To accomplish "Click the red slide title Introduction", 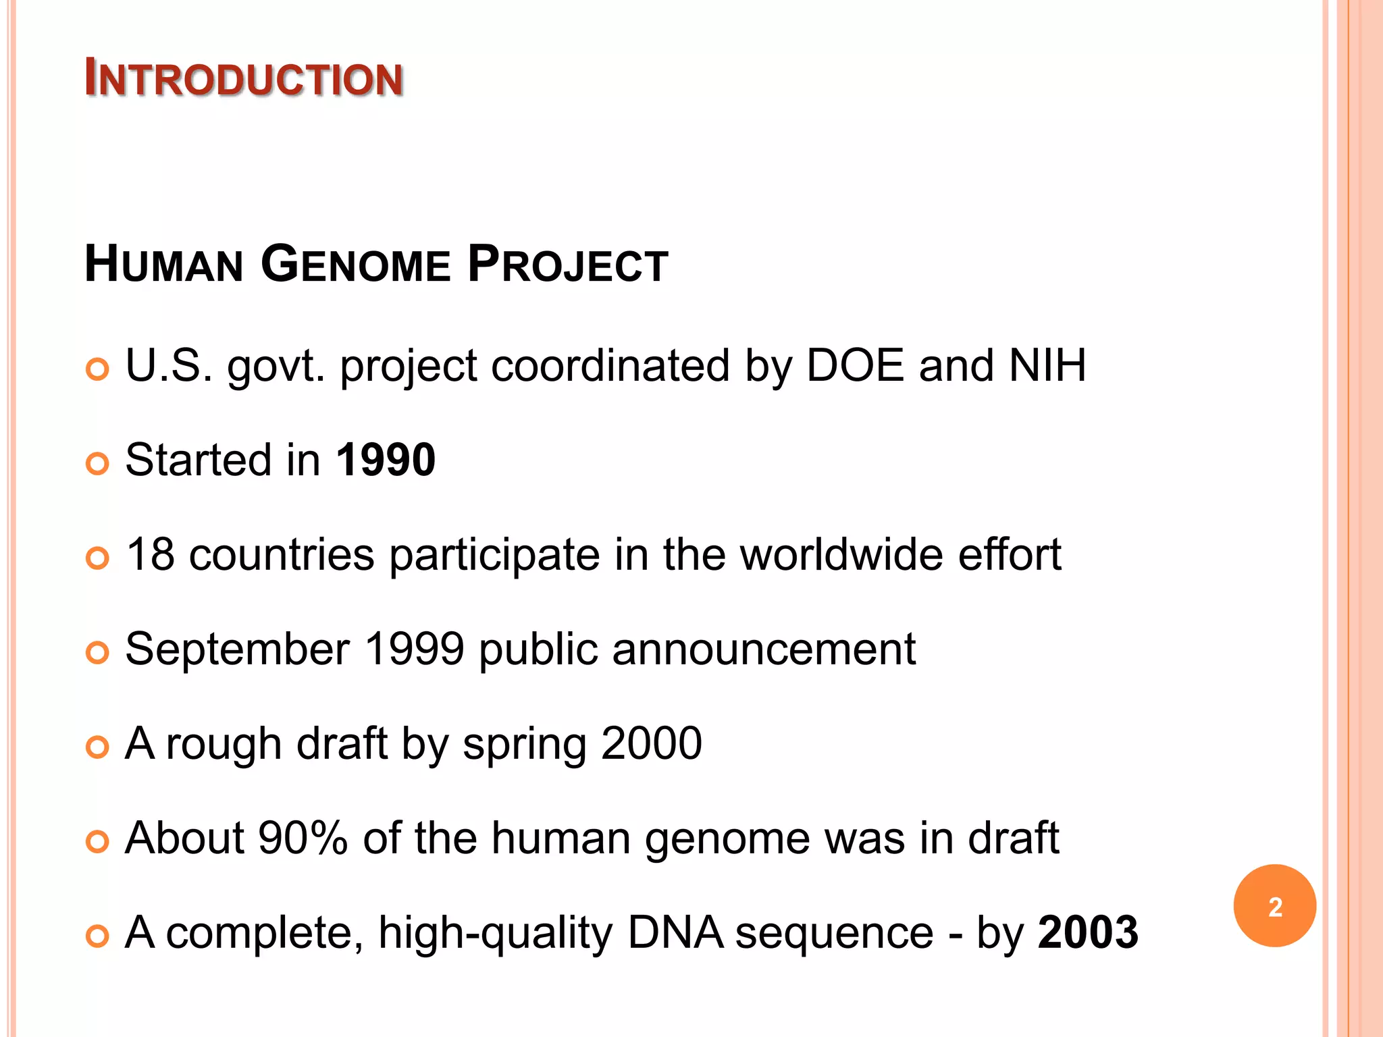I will tap(244, 78).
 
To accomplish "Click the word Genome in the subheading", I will tap(355, 264).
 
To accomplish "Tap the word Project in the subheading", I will tap(567, 264).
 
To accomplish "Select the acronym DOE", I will tap(855, 366).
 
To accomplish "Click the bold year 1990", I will tap(386, 460).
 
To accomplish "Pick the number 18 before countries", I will tap(150, 555).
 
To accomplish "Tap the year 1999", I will tap(414, 649).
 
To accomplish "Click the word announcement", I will tap(764, 649).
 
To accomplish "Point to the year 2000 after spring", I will tap(651, 744).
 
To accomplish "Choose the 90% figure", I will tap(303, 839).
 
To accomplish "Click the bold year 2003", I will tap(1088, 933).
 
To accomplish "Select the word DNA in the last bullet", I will tap(675, 933).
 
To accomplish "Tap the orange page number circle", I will tap(1274, 906).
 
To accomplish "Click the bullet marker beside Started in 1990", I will tap(98, 464).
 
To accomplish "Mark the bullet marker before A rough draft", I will tap(98, 747).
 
